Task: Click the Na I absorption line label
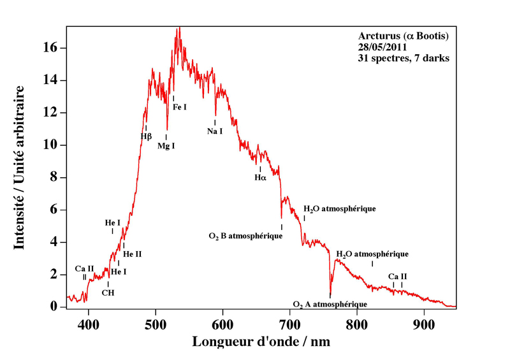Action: [215, 131]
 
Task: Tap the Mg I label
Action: [166, 146]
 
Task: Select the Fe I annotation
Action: [180, 107]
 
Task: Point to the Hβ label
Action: [146, 136]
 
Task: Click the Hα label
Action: [260, 178]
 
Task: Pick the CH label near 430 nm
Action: [108, 293]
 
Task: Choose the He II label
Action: [132, 254]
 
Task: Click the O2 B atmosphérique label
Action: [245, 236]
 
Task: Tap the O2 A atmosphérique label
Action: [330, 304]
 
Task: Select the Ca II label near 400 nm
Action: [85, 268]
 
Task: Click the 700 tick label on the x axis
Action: [290, 322]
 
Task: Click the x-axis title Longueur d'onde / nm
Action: [261, 342]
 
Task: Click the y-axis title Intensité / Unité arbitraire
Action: [20, 167]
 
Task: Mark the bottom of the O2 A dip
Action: [330, 296]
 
